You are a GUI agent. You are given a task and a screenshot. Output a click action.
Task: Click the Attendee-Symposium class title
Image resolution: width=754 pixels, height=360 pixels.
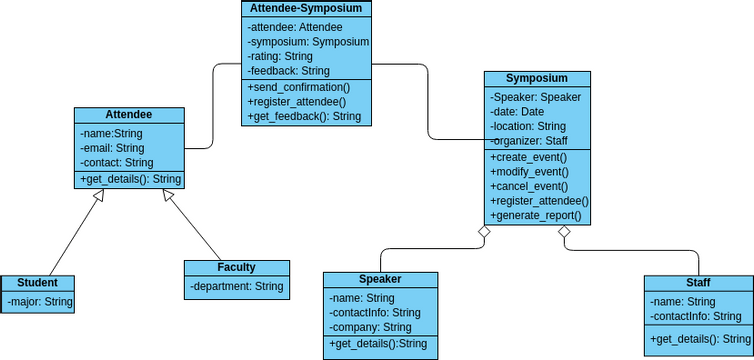(x=306, y=8)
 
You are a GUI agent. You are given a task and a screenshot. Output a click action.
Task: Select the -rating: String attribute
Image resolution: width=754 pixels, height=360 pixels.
(x=280, y=56)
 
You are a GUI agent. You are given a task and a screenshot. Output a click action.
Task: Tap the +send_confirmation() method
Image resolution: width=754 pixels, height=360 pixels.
(x=298, y=87)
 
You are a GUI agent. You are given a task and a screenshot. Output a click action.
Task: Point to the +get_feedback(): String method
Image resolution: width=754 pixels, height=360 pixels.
(x=304, y=116)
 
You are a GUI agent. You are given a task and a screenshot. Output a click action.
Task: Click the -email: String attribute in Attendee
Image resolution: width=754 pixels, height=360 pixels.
(x=112, y=148)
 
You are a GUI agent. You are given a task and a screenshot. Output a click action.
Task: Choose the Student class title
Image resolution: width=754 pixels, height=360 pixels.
(x=37, y=283)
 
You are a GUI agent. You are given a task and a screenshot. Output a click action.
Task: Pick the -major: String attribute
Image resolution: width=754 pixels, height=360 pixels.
(x=40, y=301)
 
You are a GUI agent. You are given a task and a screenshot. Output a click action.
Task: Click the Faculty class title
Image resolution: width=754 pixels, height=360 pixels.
(x=236, y=267)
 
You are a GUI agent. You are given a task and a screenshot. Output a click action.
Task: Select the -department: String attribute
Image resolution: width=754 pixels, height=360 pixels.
(x=237, y=286)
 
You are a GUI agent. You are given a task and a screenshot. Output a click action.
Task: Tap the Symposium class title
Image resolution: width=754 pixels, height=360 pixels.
(x=536, y=78)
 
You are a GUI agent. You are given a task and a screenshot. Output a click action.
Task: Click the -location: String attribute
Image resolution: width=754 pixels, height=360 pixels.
(x=528, y=126)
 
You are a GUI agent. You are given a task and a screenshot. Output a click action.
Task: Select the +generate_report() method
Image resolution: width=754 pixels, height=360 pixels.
(x=538, y=216)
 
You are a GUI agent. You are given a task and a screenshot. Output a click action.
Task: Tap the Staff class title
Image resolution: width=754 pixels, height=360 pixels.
(x=698, y=283)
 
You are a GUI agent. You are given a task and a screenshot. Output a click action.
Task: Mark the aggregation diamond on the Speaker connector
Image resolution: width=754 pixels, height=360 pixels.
(x=484, y=232)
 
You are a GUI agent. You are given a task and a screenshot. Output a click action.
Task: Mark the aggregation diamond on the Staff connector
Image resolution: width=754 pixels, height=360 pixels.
(x=564, y=232)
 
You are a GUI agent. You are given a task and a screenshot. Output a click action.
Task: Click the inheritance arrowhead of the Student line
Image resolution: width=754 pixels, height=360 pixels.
(x=97, y=196)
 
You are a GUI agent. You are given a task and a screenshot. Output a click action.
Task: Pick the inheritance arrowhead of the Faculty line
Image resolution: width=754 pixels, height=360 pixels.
(x=170, y=196)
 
